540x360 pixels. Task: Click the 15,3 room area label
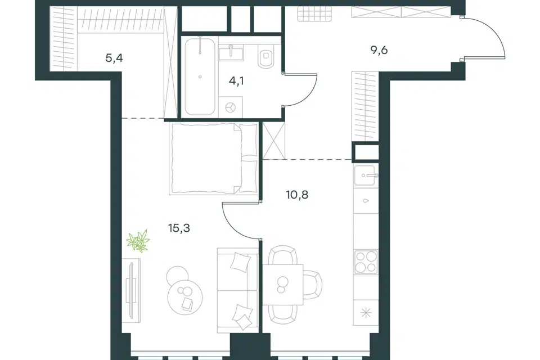click(x=179, y=228)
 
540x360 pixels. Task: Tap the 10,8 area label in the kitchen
click(x=297, y=195)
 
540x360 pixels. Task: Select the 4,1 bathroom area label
click(x=236, y=82)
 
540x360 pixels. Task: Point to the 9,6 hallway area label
click(x=379, y=50)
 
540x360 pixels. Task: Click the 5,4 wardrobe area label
click(x=114, y=58)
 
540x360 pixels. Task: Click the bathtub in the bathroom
click(x=200, y=76)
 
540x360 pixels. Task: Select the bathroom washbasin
click(x=231, y=52)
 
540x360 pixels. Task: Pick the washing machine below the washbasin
click(x=231, y=107)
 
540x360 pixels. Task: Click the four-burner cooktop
click(x=366, y=262)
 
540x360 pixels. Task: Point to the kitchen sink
click(x=366, y=175)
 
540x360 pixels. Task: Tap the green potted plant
click(x=138, y=240)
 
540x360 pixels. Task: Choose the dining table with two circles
click(x=282, y=285)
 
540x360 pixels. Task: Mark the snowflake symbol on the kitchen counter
click(x=366, y=313)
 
